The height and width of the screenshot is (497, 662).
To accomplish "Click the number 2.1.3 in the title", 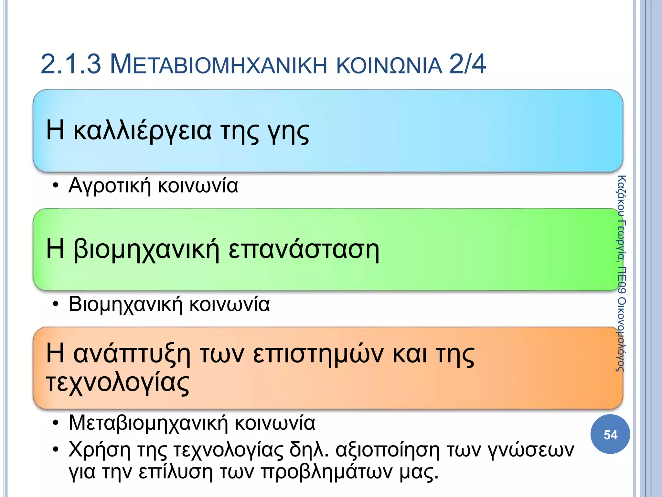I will [x=71, y=64].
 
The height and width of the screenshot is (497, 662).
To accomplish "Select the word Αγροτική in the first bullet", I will [x=110, y=186].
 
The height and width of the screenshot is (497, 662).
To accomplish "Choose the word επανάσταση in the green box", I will [x=304, y=250].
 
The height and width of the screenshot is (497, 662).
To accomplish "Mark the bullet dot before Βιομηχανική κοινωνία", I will [x=56, y=304].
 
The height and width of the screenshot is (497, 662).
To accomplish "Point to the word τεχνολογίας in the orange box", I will [x=118, y=382].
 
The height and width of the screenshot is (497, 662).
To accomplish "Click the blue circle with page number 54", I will [x=610, y=435].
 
